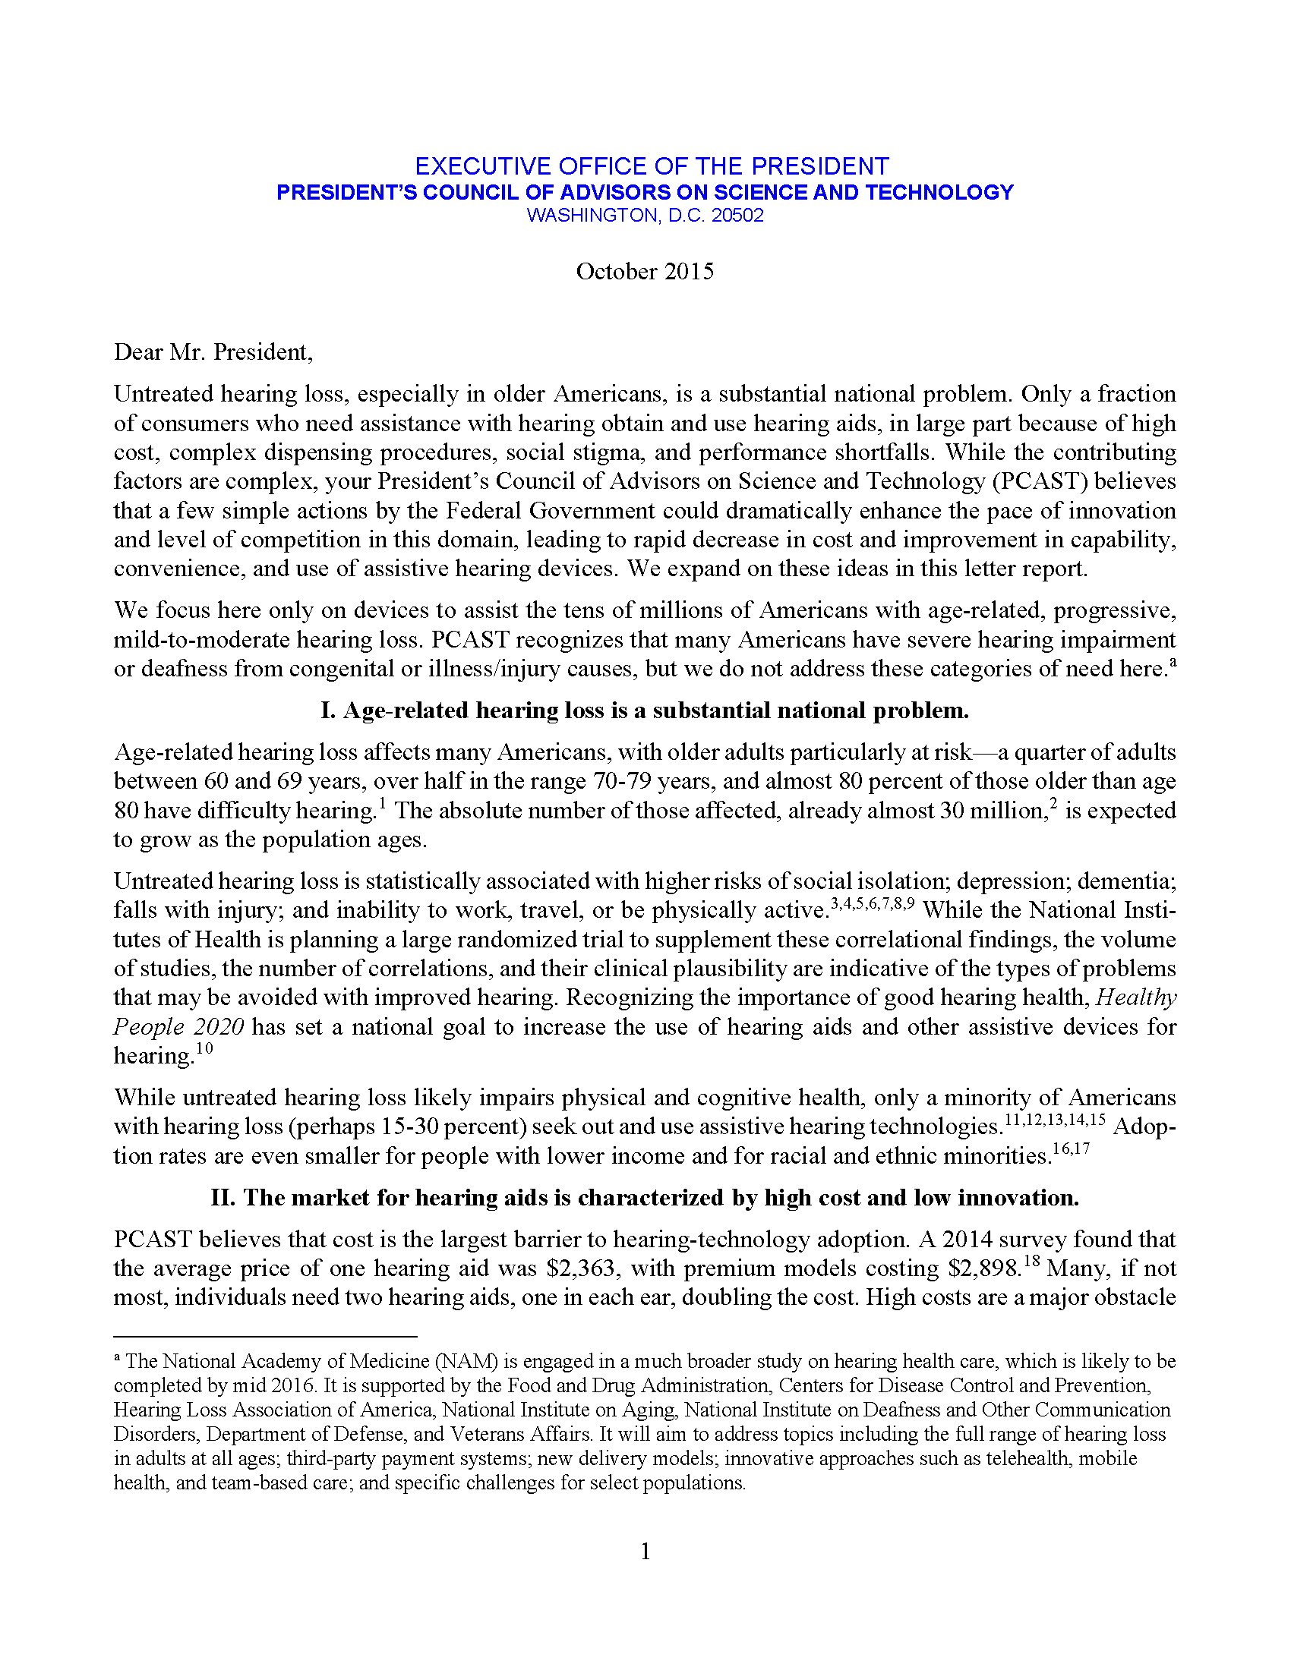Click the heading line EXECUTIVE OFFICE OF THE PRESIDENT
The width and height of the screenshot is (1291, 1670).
(652, 166)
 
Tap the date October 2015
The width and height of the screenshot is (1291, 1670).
(645, 272)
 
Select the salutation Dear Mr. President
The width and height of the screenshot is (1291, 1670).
(213, 351)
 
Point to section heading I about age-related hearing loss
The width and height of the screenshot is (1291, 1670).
(645, 711)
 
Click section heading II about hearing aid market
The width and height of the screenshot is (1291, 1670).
(645, 1197)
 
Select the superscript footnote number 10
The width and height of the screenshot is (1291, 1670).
(204, 1048)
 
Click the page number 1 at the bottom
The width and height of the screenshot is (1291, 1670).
(645, 1551)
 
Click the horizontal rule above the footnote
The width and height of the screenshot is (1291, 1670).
(264, 1336)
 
